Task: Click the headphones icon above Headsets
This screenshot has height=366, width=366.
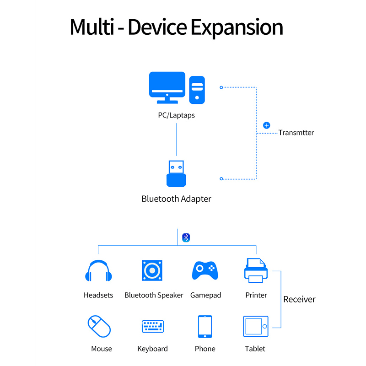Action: tap(98, 271)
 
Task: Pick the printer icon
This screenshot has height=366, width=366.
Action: tap(256, 270)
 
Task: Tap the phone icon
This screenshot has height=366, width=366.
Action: tap(205, 327)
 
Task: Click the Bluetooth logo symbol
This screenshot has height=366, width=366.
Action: tap(186, 237)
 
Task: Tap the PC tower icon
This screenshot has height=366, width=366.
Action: tap(198, 89)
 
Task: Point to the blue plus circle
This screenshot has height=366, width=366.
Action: tap(267, 125)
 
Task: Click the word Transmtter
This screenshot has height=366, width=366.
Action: tap(296, 133)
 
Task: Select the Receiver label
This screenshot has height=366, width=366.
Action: tap(299, 299)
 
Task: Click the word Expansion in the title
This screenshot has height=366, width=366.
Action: tap(237, 27)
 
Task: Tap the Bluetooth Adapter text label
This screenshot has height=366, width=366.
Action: tap(176, 199)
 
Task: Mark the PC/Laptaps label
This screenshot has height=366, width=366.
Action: tap(177, 115)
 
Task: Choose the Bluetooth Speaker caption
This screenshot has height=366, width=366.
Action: tap(154, 295)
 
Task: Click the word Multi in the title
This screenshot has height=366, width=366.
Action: tap(92, 27)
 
